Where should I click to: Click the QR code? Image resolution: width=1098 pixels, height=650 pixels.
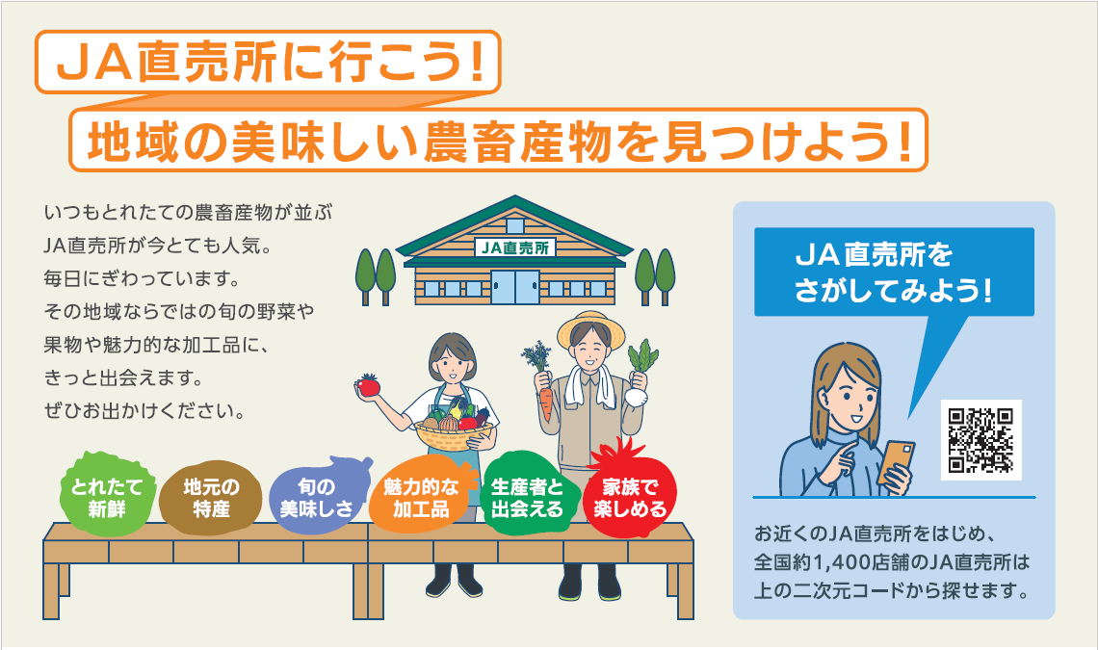980,440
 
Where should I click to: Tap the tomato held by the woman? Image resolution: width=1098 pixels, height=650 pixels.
368,384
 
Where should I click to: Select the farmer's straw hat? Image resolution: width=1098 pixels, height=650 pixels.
591,328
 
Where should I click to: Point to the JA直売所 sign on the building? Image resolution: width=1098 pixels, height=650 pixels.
515,247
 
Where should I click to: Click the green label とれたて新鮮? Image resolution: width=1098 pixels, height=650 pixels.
107,495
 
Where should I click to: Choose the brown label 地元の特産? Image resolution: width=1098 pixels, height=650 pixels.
211,497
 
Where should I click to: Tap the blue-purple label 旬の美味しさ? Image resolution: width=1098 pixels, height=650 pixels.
318,495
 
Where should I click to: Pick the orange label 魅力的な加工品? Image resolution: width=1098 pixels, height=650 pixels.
420,496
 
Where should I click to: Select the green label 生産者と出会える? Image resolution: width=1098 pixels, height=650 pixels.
527,496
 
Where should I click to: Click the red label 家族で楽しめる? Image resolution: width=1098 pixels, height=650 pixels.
631,494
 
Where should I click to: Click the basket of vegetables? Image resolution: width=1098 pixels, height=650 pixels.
454,429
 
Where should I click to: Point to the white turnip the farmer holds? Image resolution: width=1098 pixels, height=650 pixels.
635,397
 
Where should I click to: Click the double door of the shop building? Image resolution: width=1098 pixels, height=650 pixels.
515,287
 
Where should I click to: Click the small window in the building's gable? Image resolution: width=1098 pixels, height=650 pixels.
515,225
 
